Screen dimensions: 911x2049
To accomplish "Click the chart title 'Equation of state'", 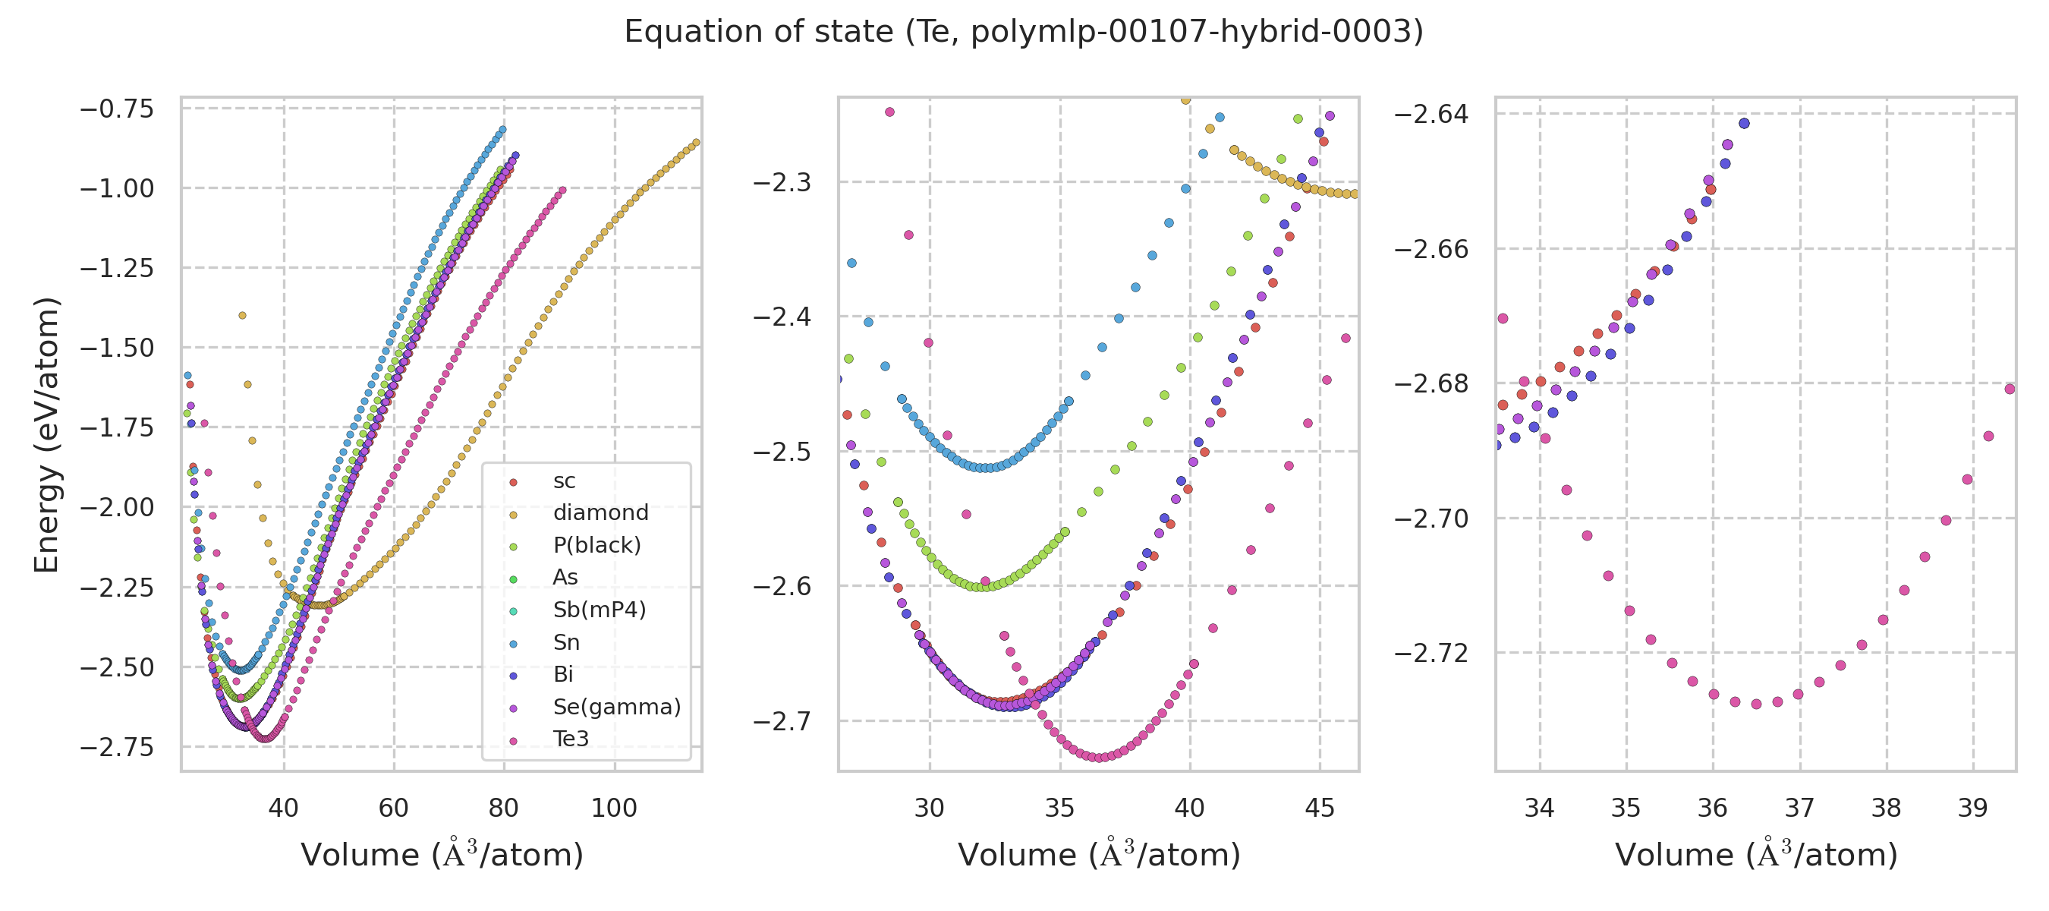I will [x=1024, y=32].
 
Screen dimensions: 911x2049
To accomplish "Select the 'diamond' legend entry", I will [x=600, y=512].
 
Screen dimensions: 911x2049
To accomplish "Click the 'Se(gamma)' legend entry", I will [x=616, y=707].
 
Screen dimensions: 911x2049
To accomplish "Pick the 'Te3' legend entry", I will [x=571, y=739].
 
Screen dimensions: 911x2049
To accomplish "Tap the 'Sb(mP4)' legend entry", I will [x=599, y=610].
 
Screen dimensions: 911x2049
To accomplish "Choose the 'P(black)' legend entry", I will [x=596, y=545].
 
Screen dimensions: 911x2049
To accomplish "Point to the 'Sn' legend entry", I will [x=565, y=642].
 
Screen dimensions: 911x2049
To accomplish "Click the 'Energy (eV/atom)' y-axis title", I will [x=46, y=434].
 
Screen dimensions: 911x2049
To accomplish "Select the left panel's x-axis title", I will [x=442, y=856].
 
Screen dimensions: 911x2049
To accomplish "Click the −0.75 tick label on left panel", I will [x=116, y=109].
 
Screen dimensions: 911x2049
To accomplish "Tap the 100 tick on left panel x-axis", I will [x=614, y=809].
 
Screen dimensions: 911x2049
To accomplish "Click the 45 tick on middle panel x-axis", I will [x=1320, y=809].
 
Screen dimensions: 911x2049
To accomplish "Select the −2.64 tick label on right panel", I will [x=1431, y=115].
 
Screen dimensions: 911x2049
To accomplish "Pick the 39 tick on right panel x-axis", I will [x=1972, y=809].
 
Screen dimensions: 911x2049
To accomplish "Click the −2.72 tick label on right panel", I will [x=1431, y=653].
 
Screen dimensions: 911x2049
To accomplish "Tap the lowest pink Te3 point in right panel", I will [x=1756, y=705].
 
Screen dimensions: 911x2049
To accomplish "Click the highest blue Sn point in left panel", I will [x=502, y=130].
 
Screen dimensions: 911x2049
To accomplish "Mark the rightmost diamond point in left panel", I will [x=696, y=143].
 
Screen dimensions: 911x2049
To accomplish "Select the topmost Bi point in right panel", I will [x=1745, y=123].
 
